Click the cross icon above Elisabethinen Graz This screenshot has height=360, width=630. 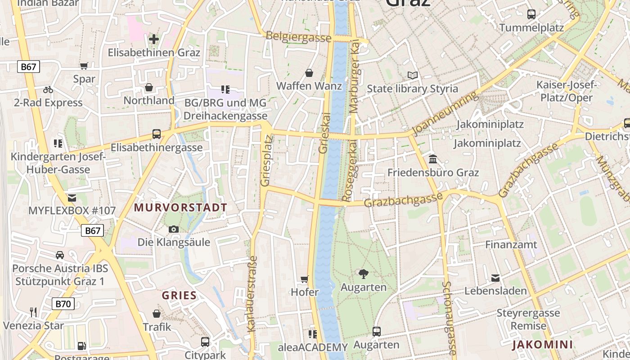coord(154,39)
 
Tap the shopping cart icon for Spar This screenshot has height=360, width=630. coord(84,66)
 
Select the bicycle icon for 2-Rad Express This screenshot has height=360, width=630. coord(48,90)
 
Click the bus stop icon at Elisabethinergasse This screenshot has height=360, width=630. coord(156,134)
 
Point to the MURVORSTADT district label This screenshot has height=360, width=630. coord(180,207)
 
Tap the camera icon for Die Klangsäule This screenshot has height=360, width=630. coord(173,229)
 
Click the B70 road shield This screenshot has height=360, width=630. coord(63,304)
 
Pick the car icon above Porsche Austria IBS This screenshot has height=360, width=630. coord(60,255)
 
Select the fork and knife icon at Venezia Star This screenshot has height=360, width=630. coord(33,312)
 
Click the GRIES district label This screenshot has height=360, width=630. coord(179,296)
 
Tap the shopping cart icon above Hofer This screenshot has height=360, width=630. coord(305,279)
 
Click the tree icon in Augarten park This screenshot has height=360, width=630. coord(363,274)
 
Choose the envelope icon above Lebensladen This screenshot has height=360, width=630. coord(495,278)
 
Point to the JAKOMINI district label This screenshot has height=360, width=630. coord(542,345)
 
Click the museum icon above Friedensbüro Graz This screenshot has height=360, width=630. coord(433,159)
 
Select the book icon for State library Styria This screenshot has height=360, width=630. coord(413,75)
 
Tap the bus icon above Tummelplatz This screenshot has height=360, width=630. coord(531,14)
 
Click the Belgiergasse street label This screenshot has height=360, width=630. coord(298,37)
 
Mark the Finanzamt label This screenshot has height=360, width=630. coord(511,244)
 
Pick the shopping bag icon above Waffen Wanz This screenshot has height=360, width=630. coord(309,73)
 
